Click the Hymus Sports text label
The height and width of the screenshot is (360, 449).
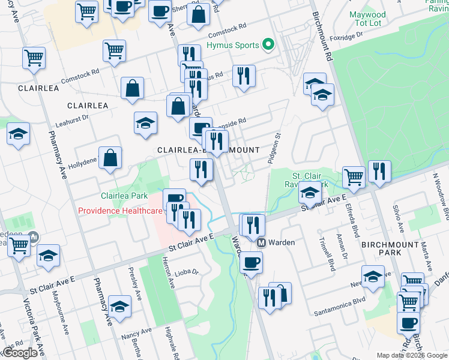[x=232, y=45]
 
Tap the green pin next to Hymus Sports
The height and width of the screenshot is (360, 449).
[x=268, y=45]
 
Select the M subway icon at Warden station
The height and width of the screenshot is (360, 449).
[x=262, y=243]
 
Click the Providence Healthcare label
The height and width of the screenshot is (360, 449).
[x=120, y=211]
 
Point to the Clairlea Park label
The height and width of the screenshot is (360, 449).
[x=124, y=196]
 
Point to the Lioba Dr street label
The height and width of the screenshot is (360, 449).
[x=187, y=272]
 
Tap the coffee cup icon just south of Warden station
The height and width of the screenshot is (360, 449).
[x=251, y=262]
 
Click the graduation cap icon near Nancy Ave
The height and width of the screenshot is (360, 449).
[x=120, y=306]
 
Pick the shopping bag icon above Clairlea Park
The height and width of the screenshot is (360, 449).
[x=110, y=158]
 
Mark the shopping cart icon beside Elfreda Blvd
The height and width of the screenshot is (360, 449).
[x=354, y=177]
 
